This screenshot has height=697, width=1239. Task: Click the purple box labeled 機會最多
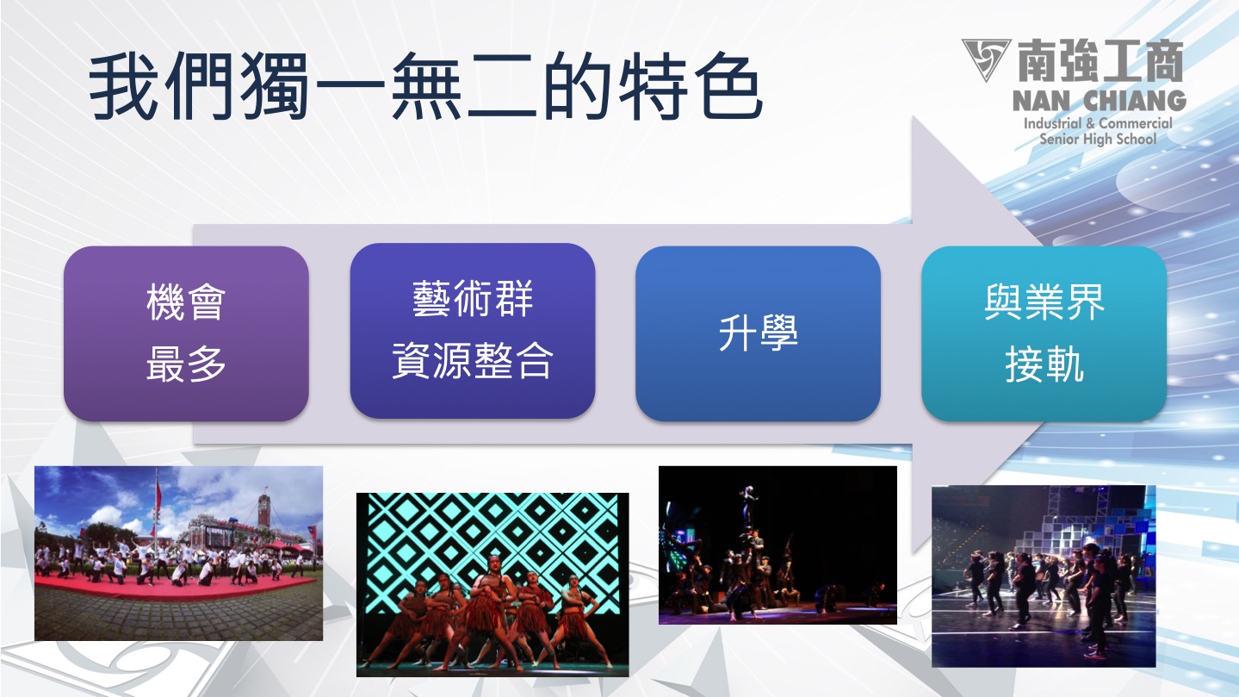point(186,333)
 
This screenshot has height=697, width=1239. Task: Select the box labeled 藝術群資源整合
point(473,331)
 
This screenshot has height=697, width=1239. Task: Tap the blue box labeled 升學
point(758,333)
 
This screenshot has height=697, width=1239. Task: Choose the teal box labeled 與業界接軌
point(1044,333)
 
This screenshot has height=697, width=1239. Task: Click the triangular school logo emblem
point(986,58)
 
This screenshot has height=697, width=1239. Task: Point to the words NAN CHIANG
point(1099,101)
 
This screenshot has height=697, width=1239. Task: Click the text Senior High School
point(1098,139)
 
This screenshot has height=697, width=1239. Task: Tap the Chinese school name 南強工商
point(1100,60)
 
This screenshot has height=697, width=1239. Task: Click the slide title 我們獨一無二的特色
point(426,86)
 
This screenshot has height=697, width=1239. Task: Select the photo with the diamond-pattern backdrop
point(493,585)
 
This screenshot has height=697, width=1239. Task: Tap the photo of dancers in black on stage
point(1044,576)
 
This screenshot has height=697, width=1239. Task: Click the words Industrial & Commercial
point(1098,123)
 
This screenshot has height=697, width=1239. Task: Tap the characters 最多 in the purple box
point(186,364)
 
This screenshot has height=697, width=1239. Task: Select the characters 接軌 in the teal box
point(1044,364)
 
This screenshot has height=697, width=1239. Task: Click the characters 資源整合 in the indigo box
point(473,360)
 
